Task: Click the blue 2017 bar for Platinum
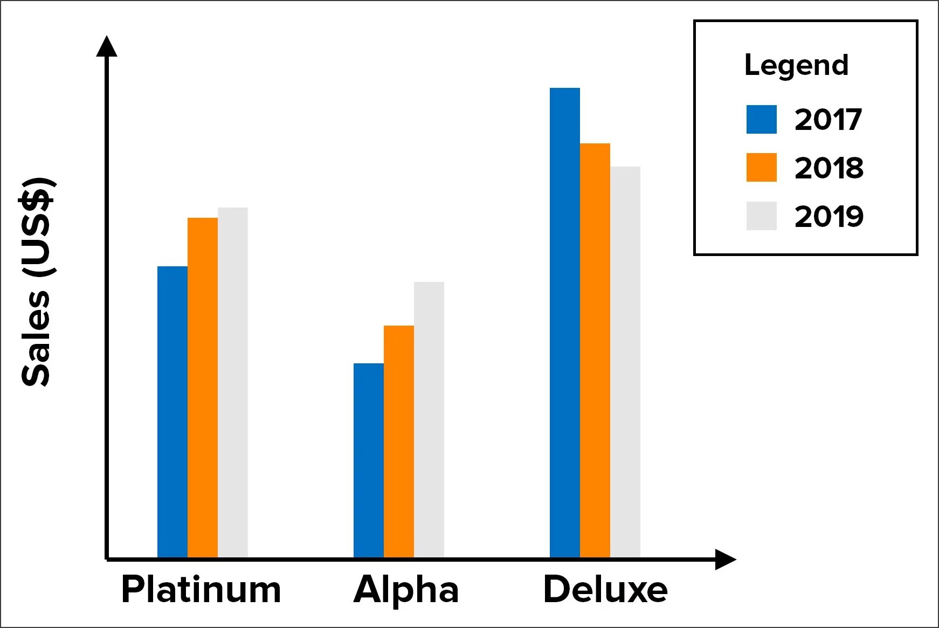[x=172, y=412]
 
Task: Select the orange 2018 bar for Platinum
[x=203, y=388]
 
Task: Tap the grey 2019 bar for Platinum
[x=233, y=382]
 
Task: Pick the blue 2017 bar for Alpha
[x=369, y=460]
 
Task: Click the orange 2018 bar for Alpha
[x=399, y=441]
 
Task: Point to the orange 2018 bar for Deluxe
[x=595, y=350]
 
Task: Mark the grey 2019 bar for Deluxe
[x=625, y=362]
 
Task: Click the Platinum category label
[x=201, y=589]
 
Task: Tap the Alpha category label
[x=406, y=589]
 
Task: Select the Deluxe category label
[x=605, y=589]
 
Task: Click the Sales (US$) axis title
[x=36, y=281]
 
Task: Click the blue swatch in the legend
[x=761, y=119]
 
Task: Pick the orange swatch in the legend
[x=761, y=167]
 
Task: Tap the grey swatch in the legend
[x=761, y=216]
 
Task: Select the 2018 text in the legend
[x=829, y=168]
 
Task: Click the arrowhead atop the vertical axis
[x=107, y=47]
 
